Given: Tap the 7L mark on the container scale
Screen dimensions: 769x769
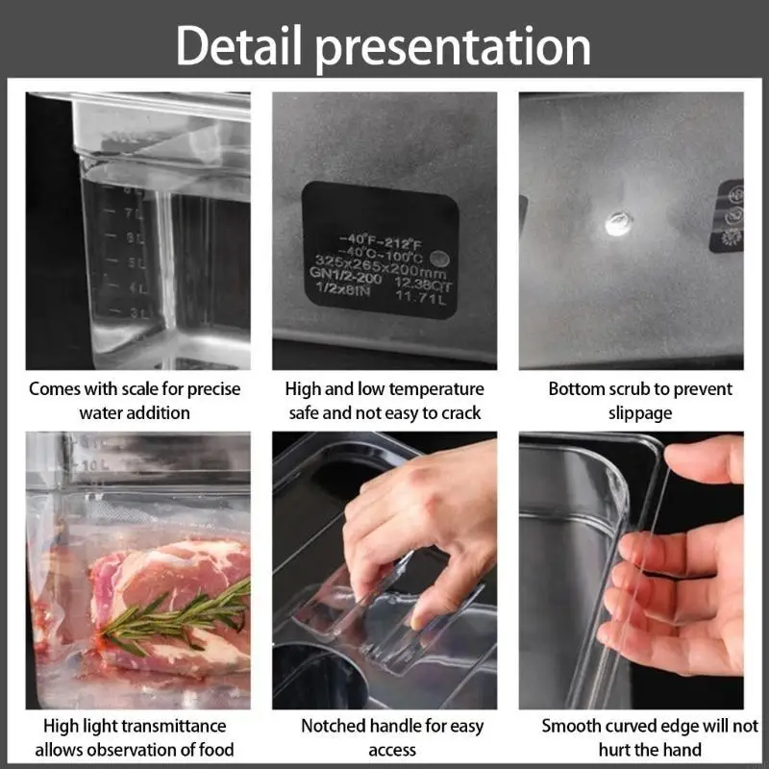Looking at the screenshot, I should click(136, 211).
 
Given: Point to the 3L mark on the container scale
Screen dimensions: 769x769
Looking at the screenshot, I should click(140, 313).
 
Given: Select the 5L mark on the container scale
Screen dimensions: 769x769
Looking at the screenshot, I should click(137, 262).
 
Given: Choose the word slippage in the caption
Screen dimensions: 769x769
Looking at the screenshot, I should click(640, 413).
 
